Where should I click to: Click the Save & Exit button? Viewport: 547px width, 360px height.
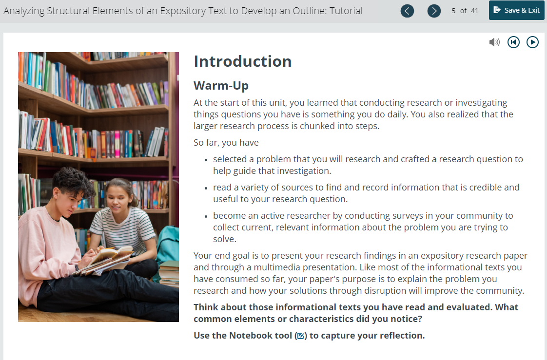516,10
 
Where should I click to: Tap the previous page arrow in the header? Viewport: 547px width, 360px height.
407,11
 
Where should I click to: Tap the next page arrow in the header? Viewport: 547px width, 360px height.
434,11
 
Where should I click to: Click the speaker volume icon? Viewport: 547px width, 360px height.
494,42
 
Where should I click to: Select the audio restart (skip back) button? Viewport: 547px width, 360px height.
513,42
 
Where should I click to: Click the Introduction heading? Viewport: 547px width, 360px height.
242,61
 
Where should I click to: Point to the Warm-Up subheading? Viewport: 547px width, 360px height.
221,85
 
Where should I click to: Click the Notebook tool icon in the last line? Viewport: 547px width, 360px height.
301,336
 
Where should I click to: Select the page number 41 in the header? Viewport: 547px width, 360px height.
474,11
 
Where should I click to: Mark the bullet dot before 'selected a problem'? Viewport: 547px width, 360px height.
206,160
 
